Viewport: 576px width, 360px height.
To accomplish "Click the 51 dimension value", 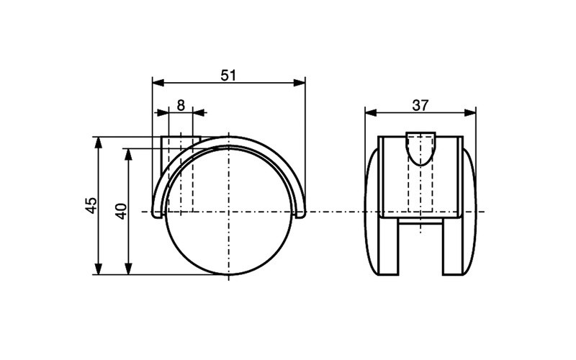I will tap(228, 74).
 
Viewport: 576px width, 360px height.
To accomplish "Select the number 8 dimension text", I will tap(181, 104).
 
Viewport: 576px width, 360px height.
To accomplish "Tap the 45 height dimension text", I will tap(90, 205).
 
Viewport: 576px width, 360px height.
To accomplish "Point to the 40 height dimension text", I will tap(121, 211).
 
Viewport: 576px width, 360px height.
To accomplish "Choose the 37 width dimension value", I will tap(420, 104).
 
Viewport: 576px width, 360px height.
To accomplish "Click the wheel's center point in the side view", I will tap(228, 212).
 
